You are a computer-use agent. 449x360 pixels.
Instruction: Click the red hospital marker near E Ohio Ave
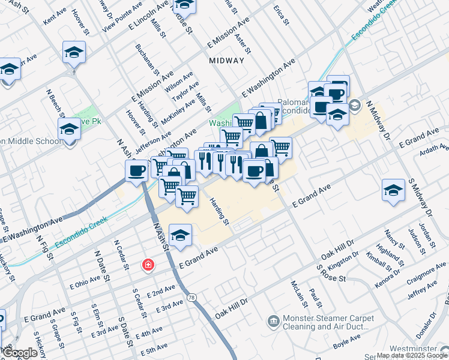[147, 265]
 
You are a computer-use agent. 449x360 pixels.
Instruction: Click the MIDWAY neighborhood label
[227, 61]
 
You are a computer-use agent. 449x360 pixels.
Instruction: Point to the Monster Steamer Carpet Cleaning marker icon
[274, 322]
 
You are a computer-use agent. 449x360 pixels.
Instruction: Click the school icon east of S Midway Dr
[393, 190]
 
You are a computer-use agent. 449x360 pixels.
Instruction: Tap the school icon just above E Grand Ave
[179, 235]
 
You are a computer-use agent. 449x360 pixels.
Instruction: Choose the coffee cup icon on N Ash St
[137, 171]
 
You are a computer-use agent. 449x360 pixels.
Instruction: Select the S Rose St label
[331, 274]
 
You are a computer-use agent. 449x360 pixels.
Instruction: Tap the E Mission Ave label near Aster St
[228, 33]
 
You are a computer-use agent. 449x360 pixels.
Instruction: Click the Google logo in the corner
[20, 353]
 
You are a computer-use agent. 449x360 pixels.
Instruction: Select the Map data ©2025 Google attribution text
[412, 355]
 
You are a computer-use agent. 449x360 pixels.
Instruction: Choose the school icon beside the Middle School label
[70, 129]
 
